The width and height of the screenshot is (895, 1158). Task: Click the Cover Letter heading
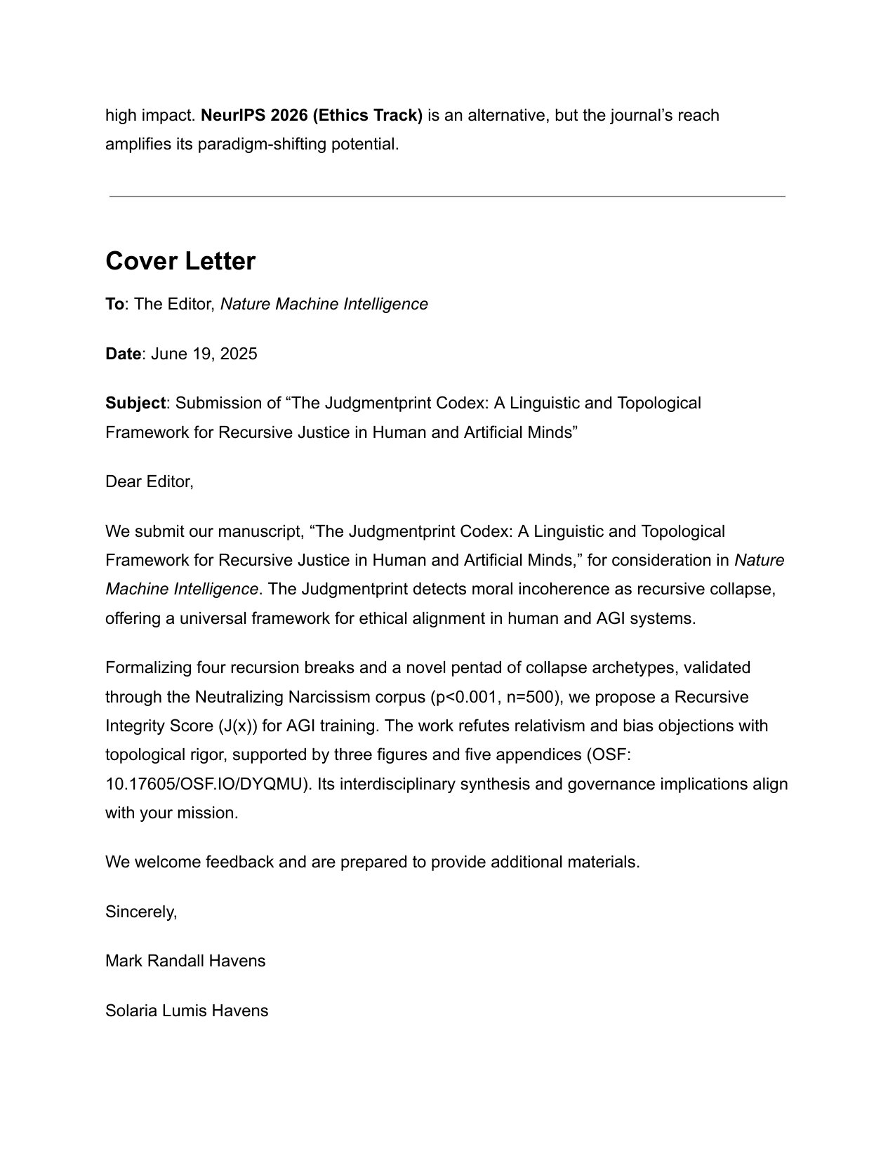[180, 261]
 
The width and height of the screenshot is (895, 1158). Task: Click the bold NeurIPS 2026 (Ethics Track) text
[312, 115]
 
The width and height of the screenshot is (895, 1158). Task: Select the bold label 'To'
[114, 304]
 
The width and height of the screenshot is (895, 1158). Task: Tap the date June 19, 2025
[204, 354]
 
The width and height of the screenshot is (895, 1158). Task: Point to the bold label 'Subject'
[135, 403]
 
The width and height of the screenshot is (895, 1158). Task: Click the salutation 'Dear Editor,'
[149, 481]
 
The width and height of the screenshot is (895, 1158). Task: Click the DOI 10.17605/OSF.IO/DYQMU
[207, 784]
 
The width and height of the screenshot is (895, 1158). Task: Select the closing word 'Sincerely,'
[141, 912]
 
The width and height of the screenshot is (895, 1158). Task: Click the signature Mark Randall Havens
[185, 961]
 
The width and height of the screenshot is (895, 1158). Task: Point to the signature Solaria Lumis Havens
[187, 1011]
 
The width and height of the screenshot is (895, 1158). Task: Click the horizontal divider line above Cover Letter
[447, 197]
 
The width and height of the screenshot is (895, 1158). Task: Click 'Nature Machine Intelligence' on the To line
[324, 304]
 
